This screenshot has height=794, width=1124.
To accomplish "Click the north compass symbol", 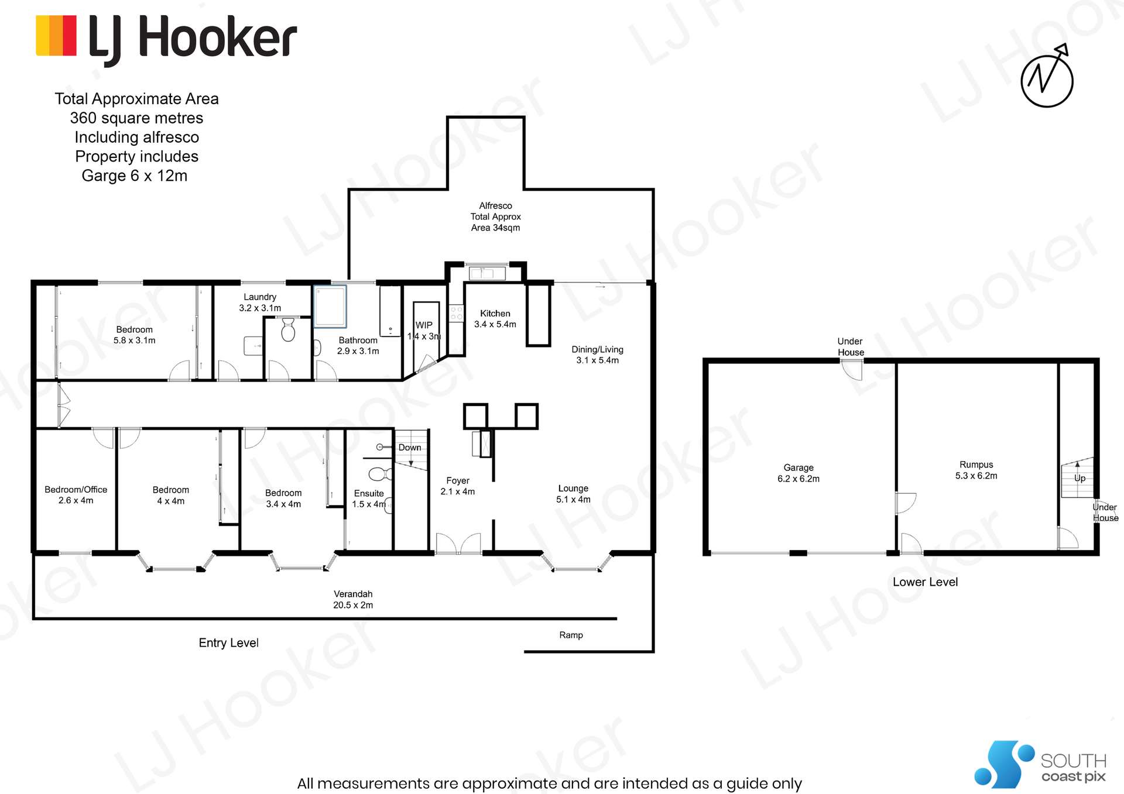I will (1047, 79).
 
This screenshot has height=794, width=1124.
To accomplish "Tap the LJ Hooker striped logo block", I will (56, 36).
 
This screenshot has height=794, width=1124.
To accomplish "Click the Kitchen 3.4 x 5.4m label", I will (495, 319).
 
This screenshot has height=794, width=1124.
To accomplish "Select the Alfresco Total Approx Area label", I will (495, 216).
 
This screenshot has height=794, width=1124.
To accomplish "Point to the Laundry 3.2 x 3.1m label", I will (260, 303).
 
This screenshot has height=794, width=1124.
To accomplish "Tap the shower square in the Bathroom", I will (330, 306).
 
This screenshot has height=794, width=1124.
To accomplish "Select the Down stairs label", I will (410, 448).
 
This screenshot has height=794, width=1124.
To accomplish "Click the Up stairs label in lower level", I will (1080, 478).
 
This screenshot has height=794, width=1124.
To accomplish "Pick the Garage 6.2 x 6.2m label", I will (799, 473).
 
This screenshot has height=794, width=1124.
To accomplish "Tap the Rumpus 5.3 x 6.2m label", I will (976, 470).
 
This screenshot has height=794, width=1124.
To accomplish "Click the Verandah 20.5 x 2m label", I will (353, 599).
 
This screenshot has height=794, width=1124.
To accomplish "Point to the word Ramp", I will (571, 635).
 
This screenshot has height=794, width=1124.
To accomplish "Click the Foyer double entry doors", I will (458, 544).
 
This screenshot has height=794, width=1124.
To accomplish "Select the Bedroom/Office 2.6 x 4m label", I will (76, 494).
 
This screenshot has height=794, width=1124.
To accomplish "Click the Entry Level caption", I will (228, 642).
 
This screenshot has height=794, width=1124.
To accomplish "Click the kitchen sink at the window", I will (487, 273).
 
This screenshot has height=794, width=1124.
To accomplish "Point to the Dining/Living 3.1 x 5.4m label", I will (597, 355).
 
